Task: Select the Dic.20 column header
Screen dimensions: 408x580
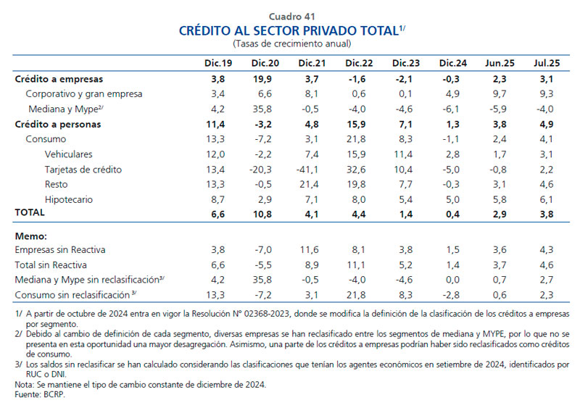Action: click(265, 63)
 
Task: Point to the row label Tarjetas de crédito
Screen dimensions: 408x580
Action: click(83, 170)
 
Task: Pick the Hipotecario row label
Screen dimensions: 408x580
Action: click(69, 199)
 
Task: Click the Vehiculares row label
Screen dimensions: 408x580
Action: click(70, 154)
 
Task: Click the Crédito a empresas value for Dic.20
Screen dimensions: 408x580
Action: click(265, 79)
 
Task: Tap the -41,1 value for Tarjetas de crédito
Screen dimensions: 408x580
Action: click(311, 170)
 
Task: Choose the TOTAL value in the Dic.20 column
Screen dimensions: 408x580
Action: click(265, 215)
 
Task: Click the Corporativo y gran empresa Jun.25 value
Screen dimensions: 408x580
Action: click(498, 94)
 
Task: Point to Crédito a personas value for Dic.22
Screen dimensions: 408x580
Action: click(358, 125)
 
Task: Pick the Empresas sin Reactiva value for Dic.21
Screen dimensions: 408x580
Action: click(311, 250)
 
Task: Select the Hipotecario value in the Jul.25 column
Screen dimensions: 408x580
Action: click(544, 199)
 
